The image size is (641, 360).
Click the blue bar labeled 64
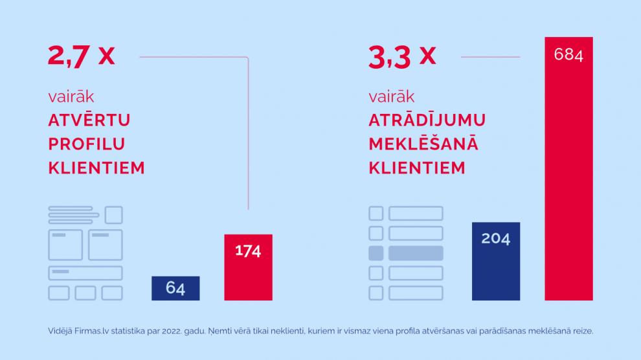tap(175, 288)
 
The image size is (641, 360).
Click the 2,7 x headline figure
tap(81, 56)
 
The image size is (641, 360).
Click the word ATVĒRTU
tap(89, 120)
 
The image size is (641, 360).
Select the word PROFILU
tap(87, 144)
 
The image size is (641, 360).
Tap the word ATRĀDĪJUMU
tap(427, 120)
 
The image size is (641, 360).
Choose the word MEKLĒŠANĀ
tap(423, 144)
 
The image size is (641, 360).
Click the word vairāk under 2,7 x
tap(71, 97)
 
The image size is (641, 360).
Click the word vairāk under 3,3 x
tap(392, 97)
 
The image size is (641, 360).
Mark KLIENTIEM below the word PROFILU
tap(96, 168)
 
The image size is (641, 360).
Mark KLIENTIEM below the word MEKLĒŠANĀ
tap(417, 168)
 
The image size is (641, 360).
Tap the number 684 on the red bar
tap(568, 55)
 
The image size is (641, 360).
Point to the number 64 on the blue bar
tap(175, 288)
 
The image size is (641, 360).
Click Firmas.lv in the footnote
tap(95, 331)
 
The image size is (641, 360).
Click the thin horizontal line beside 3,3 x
tap(490, 57)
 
